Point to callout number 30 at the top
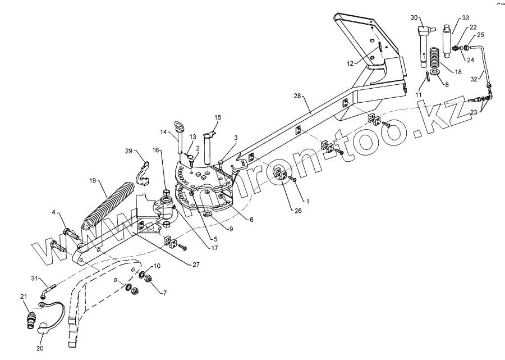point(414,17)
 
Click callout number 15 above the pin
point(218,117)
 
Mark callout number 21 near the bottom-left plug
point(24,297)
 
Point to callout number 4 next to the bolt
point(53,212)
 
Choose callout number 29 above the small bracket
point(129,151)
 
